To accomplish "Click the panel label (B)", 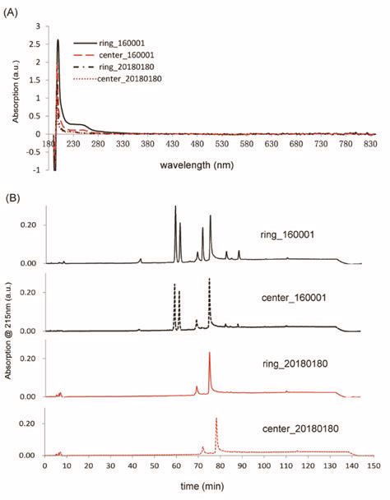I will pyautogui.click(x=13, y=198).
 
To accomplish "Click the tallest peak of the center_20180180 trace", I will pyautogui.click(x=216, y=419).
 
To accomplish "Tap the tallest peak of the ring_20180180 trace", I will pyautogui.click(x=210, y=353).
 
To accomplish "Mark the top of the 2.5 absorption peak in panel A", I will pyautogui.click(x=58, y=40).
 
